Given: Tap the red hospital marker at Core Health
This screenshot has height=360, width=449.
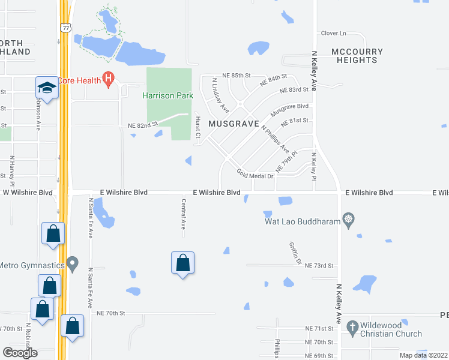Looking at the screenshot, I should (x=109, y=78).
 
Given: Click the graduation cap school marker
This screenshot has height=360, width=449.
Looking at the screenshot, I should (x=46, y=89).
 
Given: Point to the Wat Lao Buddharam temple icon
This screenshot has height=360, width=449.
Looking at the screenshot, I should (x=348, y=220).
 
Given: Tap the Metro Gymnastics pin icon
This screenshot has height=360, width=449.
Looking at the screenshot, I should (x=73, y=263).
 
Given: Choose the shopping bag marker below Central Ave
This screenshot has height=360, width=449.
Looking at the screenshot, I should (x=182, y=263).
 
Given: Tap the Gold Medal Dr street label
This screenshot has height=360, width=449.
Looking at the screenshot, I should (x=255, y=175).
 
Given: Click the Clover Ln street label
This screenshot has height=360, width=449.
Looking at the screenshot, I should (x=334, y=34).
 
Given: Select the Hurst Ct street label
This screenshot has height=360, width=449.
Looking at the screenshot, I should (x=197, y=128).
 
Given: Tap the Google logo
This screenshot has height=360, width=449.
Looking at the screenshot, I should (x=20, y=352).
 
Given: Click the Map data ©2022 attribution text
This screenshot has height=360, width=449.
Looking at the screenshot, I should (x=423, y=355).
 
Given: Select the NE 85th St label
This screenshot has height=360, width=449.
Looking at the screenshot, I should (x=235, y=75).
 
